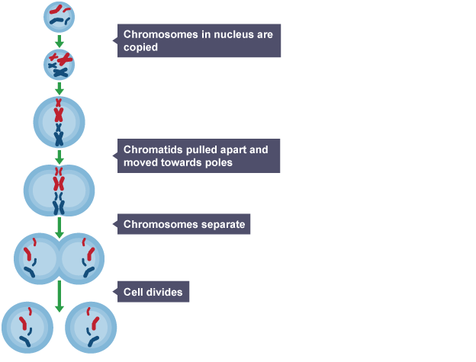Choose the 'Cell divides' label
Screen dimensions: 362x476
(x=153, y=291)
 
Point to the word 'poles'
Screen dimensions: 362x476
(x=217, y=163)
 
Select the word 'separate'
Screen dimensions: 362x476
(x=220, y=225)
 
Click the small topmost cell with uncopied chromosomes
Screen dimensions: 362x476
(x=59, y=14)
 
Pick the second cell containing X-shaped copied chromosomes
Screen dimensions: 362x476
(x=59, y=65)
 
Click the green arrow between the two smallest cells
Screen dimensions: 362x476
(x=59, y=40)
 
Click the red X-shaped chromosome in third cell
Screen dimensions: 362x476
(x=59, y=113)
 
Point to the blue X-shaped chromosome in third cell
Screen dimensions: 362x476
(x=59, y=136)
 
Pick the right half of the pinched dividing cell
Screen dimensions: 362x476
(x=82, y=259)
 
